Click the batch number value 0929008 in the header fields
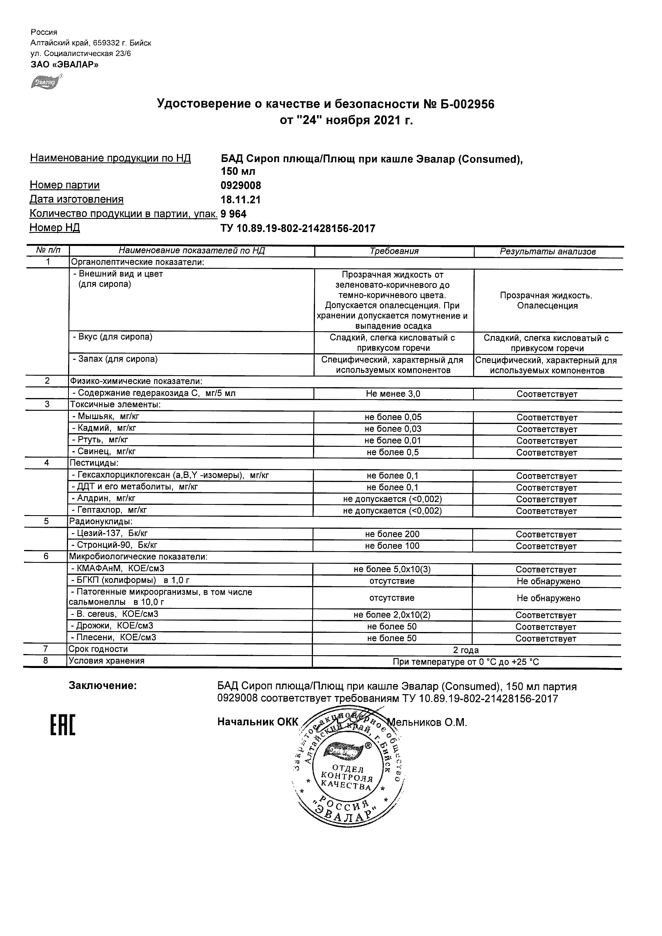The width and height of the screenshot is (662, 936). (241, 186)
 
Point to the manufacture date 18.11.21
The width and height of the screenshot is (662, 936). (240, 200)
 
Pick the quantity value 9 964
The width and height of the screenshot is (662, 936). (233, 214)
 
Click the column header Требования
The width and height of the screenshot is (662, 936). (394, 251)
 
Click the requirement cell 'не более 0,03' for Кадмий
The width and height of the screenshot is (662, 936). (393, 429)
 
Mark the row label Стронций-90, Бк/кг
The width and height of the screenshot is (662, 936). (114, 545)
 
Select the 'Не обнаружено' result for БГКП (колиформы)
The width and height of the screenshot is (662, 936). (548, 581)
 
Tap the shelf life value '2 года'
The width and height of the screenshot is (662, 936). (466, 650)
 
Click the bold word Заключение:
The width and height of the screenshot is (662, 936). (102, 686)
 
